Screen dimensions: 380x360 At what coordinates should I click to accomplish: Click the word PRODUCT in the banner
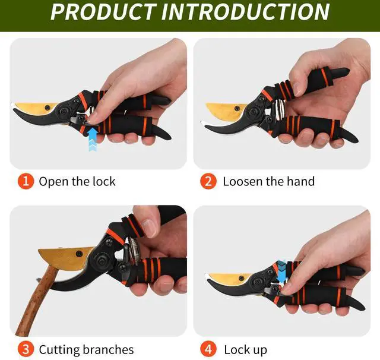[103, 12]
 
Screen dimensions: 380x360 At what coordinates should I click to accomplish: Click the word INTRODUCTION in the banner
[245, 12]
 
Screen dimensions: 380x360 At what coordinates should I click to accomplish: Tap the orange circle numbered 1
[26, 181]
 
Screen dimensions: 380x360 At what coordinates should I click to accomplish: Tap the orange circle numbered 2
[208, 181]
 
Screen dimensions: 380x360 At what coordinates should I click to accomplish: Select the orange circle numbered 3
[26, 349]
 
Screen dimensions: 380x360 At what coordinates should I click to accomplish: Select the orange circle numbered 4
[208, 349]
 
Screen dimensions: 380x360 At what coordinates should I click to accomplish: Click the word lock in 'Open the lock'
[104, 181]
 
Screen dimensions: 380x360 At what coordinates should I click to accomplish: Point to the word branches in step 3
[108, 349]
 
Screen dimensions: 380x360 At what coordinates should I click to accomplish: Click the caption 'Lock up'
[245, 350]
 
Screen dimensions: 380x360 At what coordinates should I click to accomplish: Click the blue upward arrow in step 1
[93, 140]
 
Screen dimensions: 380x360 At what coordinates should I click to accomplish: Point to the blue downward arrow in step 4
[281, 271]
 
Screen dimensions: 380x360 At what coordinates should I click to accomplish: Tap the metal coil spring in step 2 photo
[279, 109]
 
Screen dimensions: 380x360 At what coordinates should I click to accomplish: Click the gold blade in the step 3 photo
[65, 258]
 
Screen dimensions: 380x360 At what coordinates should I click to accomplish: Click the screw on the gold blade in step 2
[237, 108]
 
